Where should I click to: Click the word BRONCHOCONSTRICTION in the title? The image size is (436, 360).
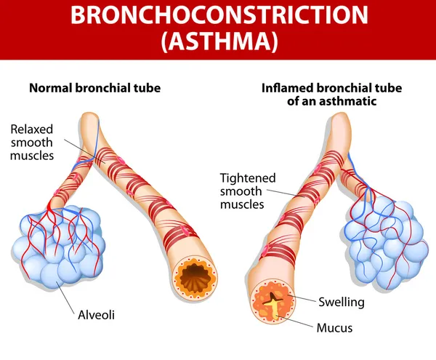[x=217, y=16]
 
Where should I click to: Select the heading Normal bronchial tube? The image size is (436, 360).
[x=94, y=88]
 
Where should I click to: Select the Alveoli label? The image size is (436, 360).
[x=97, y=315]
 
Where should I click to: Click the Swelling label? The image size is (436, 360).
[x=341, y=301]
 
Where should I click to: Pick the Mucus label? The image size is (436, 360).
[x=334, y=327]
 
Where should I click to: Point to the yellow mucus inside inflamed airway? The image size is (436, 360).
[x=274, y=305]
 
